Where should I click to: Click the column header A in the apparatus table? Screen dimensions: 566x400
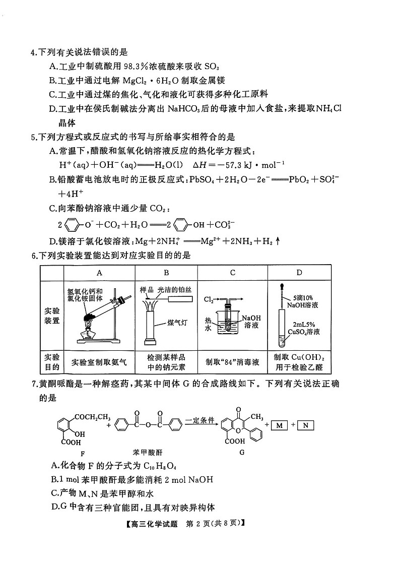pyautogui.click(x=99, y=273)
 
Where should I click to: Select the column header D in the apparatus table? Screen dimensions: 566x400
pyautogui.click(x=300, y=273)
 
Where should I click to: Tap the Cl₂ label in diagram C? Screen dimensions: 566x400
pyautogui.click(x=209, y=299)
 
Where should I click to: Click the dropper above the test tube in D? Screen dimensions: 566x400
pyautogui.click(x=281, y=295)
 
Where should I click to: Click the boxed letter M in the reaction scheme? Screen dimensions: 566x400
pyautogui.click(x=280, y=426)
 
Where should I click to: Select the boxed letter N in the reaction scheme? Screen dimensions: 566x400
pyautogui.click(x=305, y=426)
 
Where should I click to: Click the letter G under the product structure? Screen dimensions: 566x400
pyautogui.click(x=242, y=452)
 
